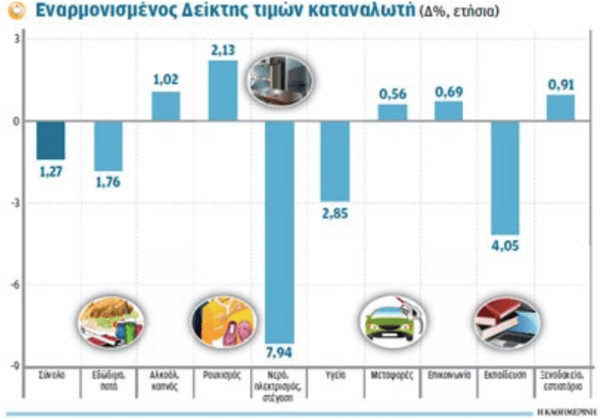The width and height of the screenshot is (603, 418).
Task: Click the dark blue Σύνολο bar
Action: click(x=51, y=140)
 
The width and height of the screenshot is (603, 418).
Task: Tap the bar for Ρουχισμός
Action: click(x=222, y=90)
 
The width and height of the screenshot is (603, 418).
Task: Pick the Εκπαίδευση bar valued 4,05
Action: click(x=505, y=177)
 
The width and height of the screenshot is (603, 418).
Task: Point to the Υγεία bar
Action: click(x=335, y=161)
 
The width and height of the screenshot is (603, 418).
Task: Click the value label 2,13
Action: click(x=223, y=51)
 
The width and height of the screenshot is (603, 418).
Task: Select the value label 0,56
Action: click(x=392, y=94)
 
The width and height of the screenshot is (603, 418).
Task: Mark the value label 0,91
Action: click(x=560, y=84)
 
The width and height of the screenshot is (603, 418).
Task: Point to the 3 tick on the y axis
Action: click(x=18, y=39)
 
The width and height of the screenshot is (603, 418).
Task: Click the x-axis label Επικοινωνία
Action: click(x=448, y=376)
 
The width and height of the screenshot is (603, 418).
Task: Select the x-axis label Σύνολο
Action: click(x=52, y=376)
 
